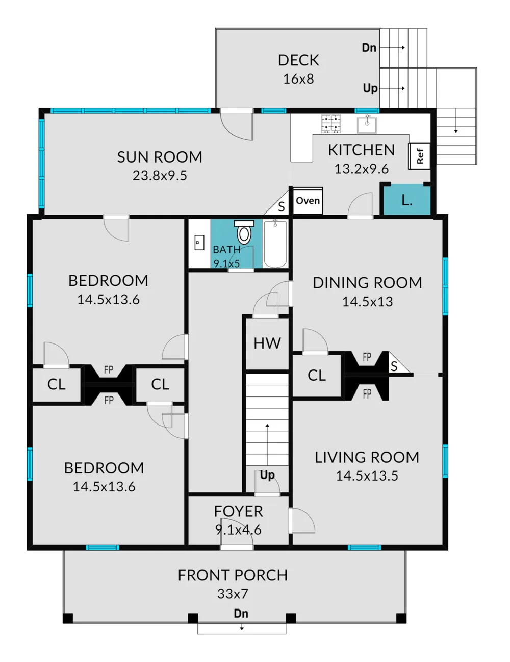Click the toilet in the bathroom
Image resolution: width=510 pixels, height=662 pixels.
244,232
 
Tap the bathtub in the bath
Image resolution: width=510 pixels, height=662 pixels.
275,244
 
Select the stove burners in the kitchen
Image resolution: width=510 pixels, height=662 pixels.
331,123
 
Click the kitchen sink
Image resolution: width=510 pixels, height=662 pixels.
367,124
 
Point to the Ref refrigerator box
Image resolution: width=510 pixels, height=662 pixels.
419,156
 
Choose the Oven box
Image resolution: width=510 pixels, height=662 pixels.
308,200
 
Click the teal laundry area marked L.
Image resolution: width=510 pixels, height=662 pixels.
406,200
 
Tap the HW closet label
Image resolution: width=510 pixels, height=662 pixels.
267,343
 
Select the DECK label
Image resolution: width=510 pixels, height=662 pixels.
298,60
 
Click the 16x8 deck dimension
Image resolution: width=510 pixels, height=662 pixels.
298,79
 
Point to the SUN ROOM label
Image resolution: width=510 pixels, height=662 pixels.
160,157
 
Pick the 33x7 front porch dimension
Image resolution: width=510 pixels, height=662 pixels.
233,593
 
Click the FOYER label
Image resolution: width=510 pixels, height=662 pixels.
238,511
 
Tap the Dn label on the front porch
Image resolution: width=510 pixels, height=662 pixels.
241,613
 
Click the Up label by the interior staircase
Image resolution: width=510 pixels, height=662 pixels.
267,475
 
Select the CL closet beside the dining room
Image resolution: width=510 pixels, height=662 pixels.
317,375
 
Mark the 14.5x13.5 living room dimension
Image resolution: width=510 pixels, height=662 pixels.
367,475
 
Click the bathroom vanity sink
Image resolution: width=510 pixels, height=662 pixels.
199,243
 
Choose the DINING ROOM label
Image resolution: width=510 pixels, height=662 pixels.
367,283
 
